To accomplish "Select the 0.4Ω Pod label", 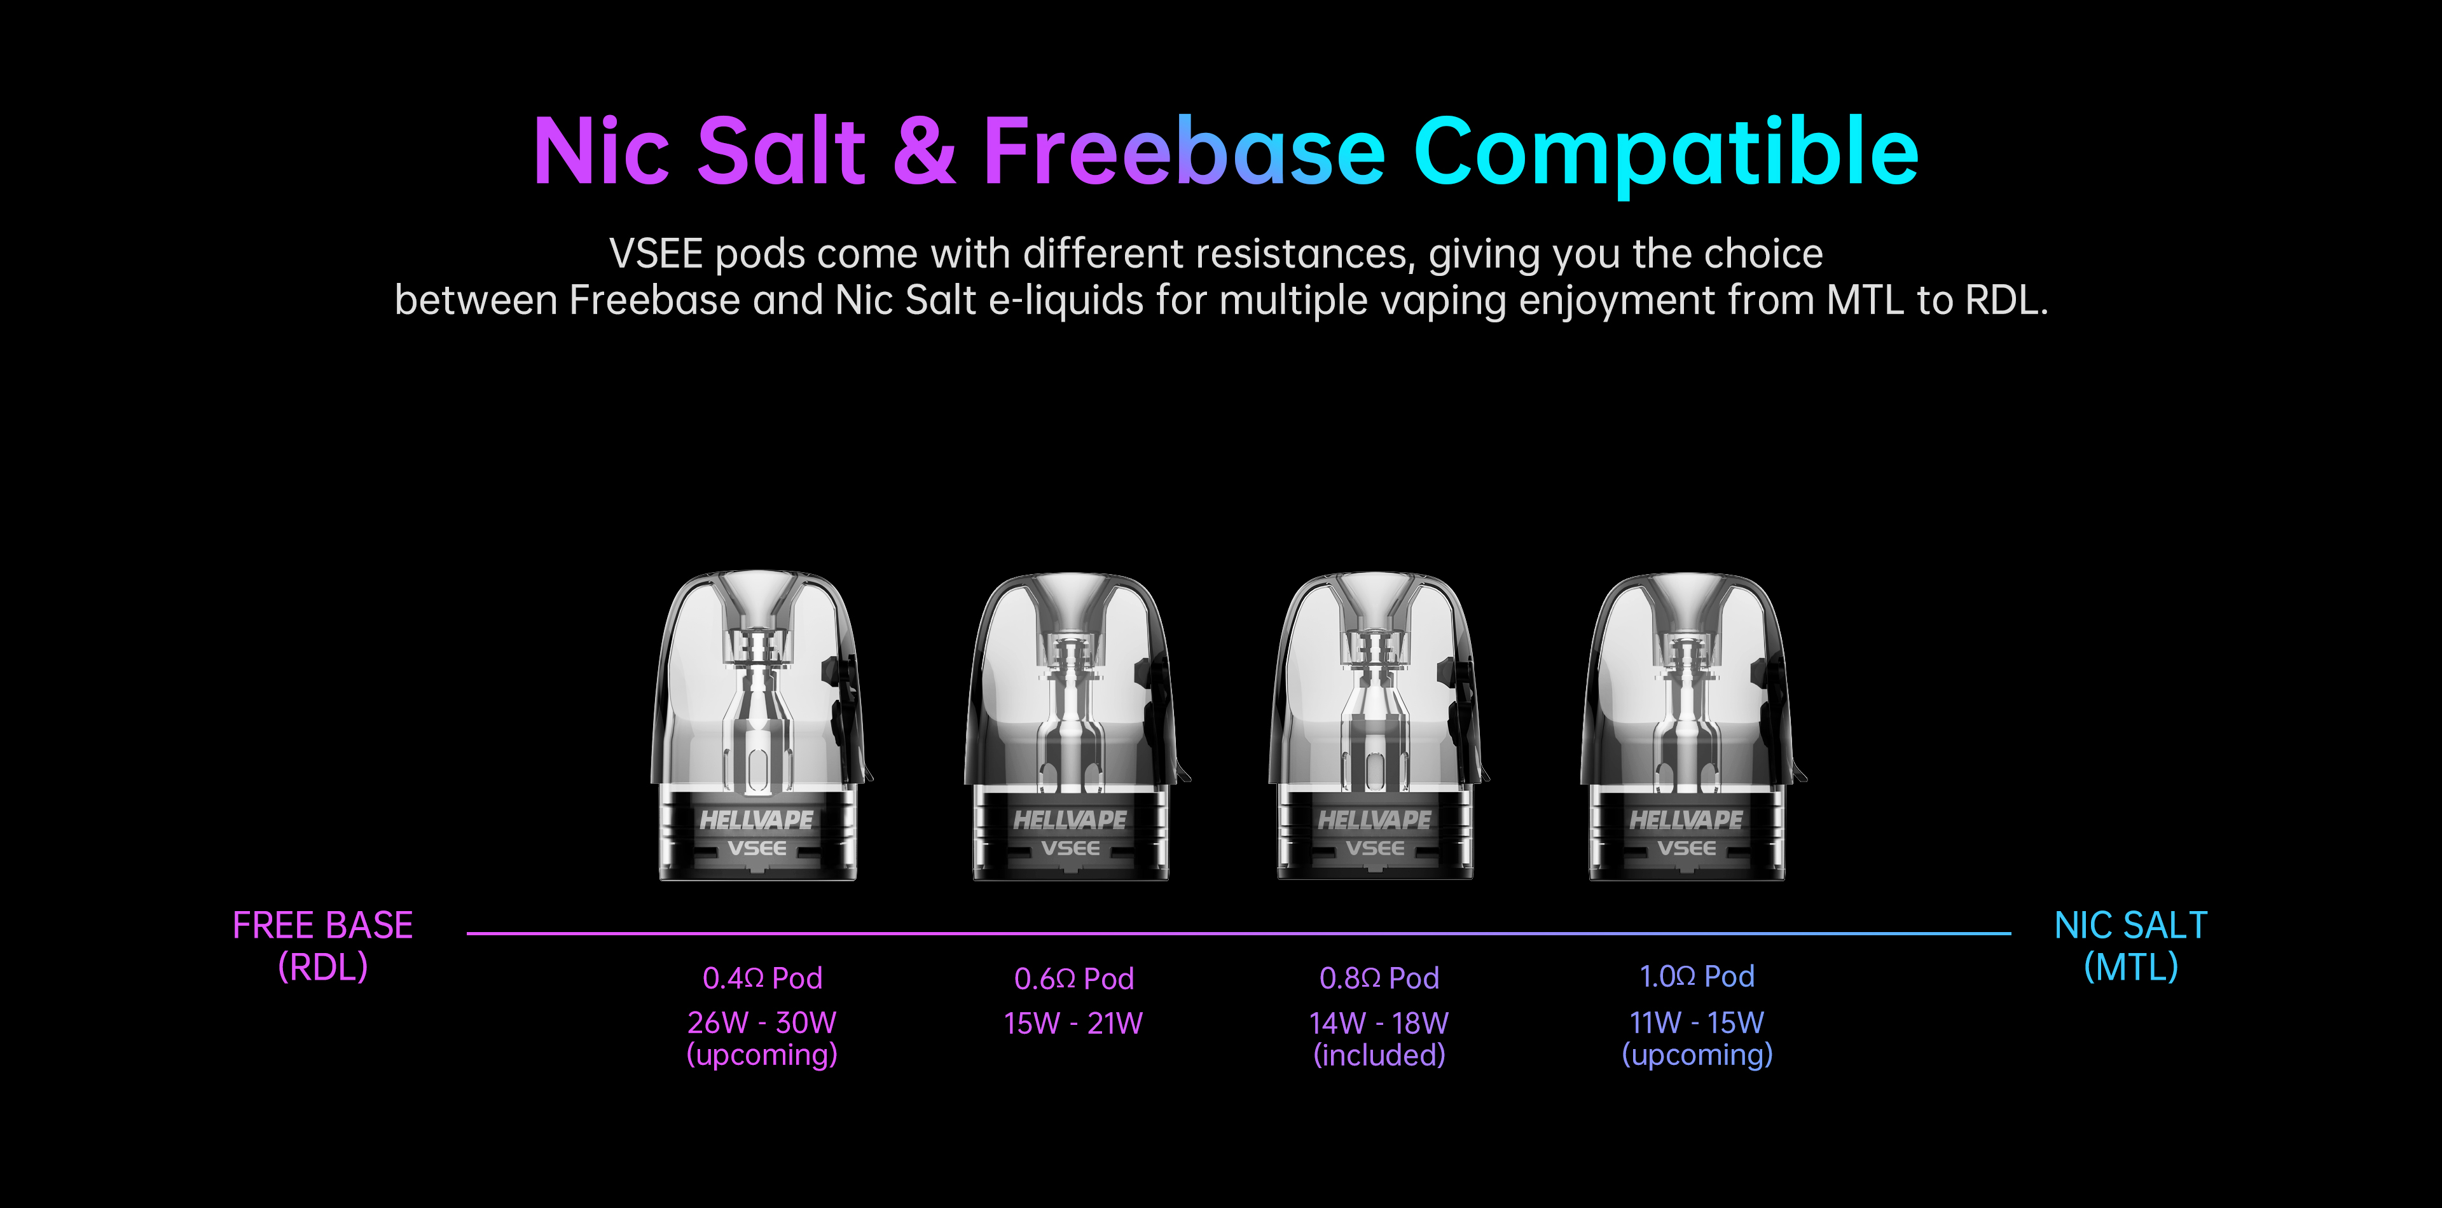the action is point(762,978).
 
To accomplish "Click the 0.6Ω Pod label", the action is point(1074,978).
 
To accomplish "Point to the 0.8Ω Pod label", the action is point(1379,978).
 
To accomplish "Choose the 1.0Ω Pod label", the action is point(1697,976).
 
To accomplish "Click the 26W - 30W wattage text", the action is point(762,1022).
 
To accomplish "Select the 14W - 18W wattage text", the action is point(1379,1023).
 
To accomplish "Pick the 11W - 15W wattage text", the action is point(1697,1022).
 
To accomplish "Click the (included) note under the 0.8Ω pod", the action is point(1379,1055).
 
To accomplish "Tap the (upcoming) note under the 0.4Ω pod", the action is point(762,1055).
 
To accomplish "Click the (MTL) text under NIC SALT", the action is point(2131,967).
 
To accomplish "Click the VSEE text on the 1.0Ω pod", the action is point(1687,848).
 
